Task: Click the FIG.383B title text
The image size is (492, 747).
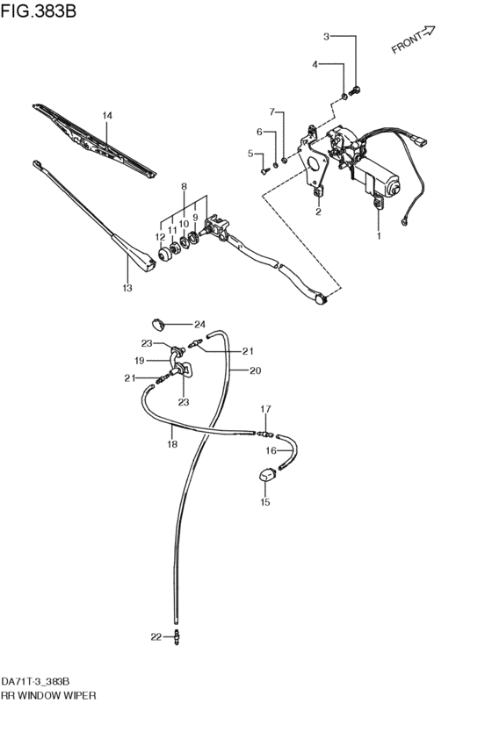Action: click(x=40, y=11)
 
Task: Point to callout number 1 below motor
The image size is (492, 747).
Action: click(x=380, y=236)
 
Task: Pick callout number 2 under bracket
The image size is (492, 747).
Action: click(x=318, y=212)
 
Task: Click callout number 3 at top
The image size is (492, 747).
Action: click(x=326, y=37)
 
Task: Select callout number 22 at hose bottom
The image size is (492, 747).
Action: click(x=156, y=636)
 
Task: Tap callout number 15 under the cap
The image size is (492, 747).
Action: click(x=264, y=503)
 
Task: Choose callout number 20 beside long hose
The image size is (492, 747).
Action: click(x=255, y=370)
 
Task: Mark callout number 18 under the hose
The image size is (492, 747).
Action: click(x=172, y=445)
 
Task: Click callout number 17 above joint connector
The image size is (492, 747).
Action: click(x=264, y=409)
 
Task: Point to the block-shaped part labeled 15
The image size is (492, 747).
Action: click(x=266, y=476)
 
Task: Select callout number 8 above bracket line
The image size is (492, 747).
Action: click(x=184, y=186)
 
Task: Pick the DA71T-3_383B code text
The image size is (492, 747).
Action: click(x=35, y=680)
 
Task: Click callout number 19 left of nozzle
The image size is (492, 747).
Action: click(x=139, y=360)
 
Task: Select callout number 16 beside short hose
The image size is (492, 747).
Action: click(x=271, y=450)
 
